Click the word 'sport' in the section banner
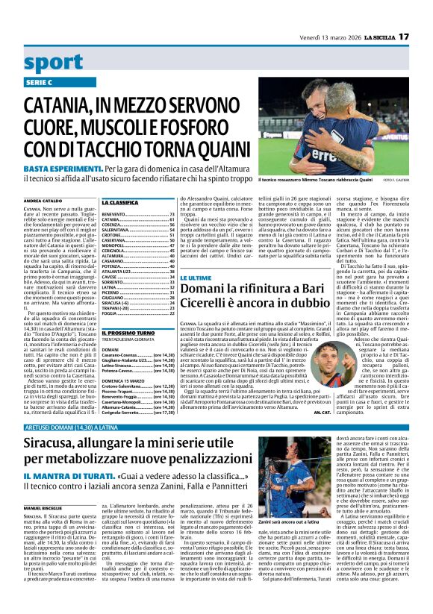point(54,62)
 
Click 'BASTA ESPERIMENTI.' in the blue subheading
point(56,169)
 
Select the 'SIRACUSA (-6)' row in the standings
point(119,302)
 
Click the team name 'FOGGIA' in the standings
point(110,315)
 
